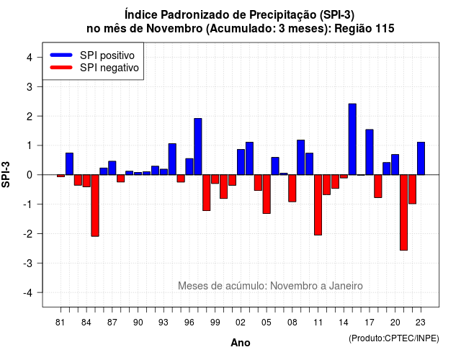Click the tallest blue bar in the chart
click(x=352, y=139)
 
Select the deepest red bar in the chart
click(x=403, y=212)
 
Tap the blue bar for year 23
click(x=421, y=158)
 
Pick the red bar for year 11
click(x=318, y=204)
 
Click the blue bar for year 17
click(x=370, y=152)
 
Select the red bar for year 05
click(x=267, y=194)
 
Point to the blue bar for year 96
click(x=189, y=166)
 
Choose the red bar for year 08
click(x=292, y=188)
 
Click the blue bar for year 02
click(x=241, y=162)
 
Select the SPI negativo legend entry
click(x=94, y=68)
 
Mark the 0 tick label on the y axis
click(x=30, y=175)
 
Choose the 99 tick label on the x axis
click(x=215, y=323)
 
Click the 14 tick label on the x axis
click(x=344, y=323)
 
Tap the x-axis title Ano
click(x=241, y=343)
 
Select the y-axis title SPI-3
click(x=6, y=174)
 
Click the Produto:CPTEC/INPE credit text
click(x=394, y=338)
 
